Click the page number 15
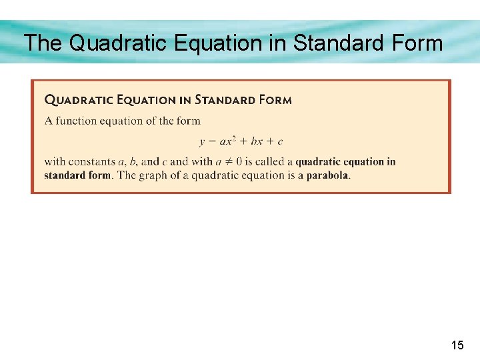457,345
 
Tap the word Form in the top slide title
415,43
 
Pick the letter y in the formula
202,142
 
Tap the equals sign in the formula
213,141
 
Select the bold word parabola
327,175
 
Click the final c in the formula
281,142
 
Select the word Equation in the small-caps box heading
145,100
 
